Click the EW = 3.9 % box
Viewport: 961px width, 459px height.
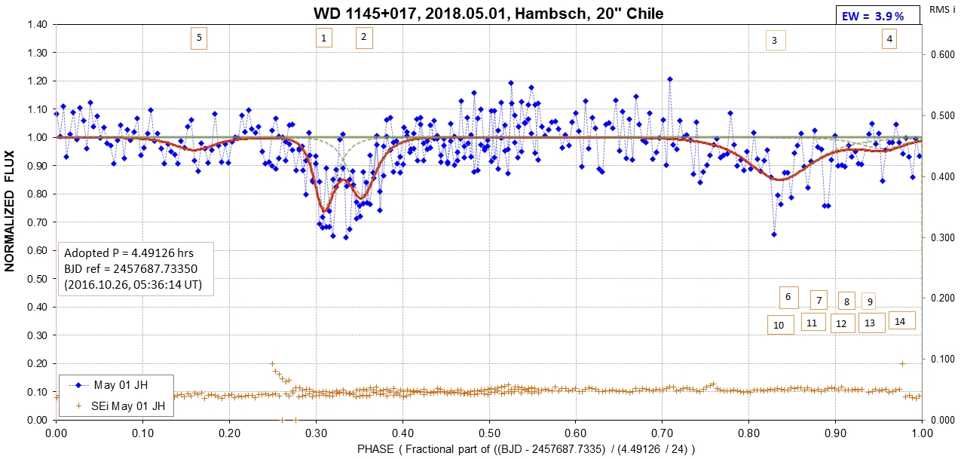tap(878, 15)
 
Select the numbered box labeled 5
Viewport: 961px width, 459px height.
tap(199, 38)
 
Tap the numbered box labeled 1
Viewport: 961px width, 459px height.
tap(324, 38)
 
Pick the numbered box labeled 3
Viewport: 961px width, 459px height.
tap(776, 41)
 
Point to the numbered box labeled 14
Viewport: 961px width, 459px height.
tap(901, 321)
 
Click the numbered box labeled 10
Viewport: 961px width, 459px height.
tap(780, 325)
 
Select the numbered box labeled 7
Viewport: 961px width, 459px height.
tap(819, 300)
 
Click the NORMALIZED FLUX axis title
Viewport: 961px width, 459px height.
tap(10, 211)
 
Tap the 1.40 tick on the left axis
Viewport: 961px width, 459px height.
tap(38, 24)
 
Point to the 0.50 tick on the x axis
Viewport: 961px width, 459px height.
tap(489, 433)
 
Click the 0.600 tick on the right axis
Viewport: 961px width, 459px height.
tap(941, 54)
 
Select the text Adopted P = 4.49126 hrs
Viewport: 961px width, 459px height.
tap(129, 253)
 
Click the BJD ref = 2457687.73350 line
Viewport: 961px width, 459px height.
tap(131, 269)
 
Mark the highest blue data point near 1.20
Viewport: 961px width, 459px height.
tap(670, 79)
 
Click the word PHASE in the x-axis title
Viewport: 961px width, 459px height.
tap(375, 449)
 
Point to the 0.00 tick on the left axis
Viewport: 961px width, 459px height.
tap(38, 420)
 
